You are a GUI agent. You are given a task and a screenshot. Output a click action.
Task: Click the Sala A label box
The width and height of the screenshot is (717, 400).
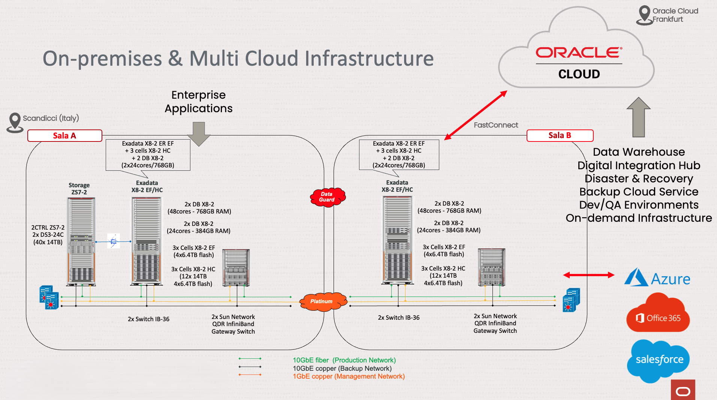click(64, 135)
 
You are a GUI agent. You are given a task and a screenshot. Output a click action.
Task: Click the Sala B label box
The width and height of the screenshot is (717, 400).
click(560, 135)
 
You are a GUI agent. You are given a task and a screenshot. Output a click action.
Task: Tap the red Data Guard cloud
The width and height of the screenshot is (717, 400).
click(327, 197)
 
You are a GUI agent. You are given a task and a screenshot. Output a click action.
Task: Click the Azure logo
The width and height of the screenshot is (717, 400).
click(657, 278)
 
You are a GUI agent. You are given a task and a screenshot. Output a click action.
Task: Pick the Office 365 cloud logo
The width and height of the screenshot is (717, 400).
click(658, 314)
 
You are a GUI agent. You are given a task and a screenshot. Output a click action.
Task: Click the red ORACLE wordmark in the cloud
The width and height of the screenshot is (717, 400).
click(579, 53)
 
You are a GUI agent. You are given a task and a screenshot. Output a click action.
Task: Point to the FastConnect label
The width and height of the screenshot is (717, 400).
click(495, 125)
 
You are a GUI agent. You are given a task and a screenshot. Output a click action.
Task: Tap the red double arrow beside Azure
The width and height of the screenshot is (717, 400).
click(588, 275)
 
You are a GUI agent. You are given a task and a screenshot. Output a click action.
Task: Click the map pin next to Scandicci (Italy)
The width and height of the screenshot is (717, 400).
click(15, 122)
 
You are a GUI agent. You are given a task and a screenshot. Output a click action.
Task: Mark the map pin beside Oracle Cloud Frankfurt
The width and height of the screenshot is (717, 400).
click(644, 15)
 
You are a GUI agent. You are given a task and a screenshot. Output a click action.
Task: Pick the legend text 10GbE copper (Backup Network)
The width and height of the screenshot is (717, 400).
click(342, 368)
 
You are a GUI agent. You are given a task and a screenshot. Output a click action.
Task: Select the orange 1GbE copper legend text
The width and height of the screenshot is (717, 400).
click(349, 376)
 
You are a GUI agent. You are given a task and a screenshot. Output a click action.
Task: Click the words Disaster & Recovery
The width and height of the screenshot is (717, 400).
click(639, 179)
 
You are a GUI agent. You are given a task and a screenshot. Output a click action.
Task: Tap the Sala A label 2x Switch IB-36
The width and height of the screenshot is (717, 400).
click(148, 319)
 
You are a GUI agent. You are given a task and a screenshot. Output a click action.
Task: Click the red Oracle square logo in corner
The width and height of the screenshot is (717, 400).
click(683, 391)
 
